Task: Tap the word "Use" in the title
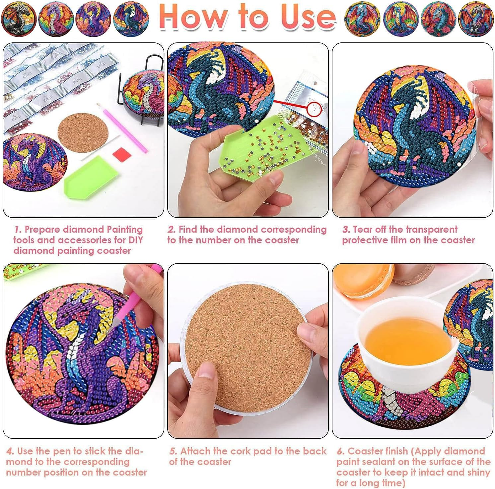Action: pos(308,18)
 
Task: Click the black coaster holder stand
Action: pos(149,89)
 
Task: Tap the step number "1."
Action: pos(18,230)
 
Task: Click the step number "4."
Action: pos(10,451)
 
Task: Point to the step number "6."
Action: pos(341,451)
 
